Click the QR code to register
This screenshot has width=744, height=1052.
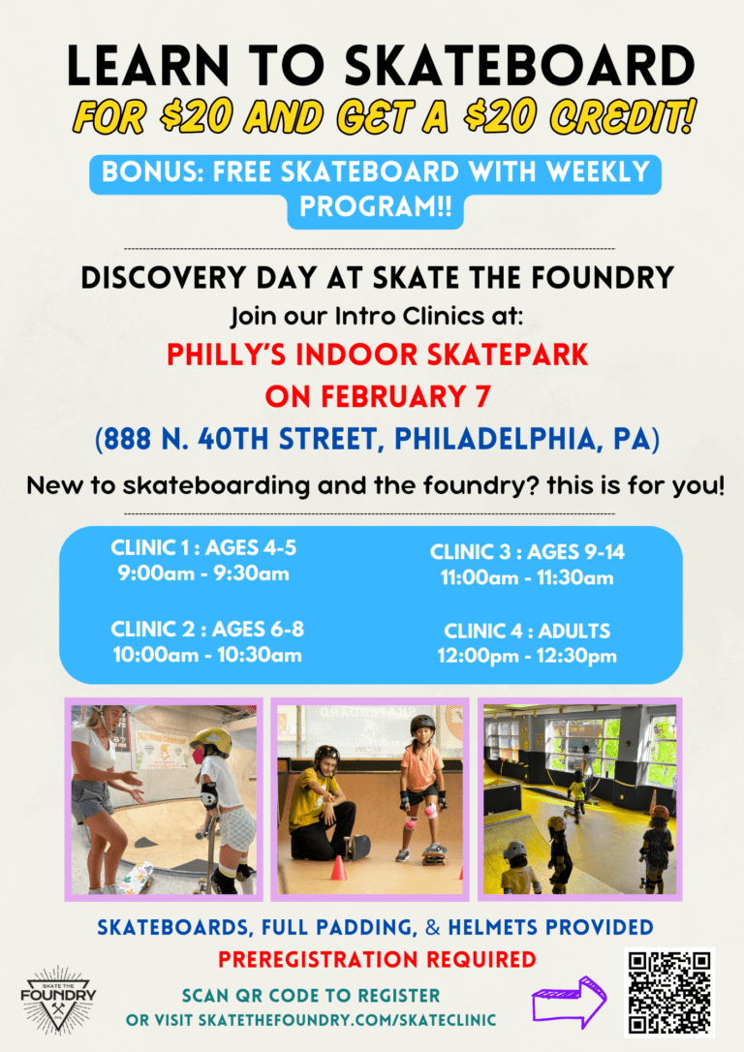coord(668,992)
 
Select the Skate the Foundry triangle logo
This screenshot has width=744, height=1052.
coord(58,999)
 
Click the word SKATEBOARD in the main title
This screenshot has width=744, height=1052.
coord(520,67)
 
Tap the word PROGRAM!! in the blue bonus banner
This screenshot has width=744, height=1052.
coord(376,206)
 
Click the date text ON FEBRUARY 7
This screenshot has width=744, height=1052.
coord(378,396)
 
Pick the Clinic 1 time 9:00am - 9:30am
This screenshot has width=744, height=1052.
coord(204,574)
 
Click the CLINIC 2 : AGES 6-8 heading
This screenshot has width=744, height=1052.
coord(207,630)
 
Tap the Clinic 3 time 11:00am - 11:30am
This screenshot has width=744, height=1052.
coord(527,577)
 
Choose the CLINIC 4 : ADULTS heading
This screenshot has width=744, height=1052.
coord(527,632)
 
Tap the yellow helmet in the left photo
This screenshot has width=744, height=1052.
coord(211,741)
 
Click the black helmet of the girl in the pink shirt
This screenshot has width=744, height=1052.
coord(422,725)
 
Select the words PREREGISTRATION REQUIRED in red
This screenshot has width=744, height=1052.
coord(377,960)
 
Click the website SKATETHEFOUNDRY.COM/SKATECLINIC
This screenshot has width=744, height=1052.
coord(347,1020)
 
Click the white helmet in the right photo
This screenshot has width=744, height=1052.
coord(515,851)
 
